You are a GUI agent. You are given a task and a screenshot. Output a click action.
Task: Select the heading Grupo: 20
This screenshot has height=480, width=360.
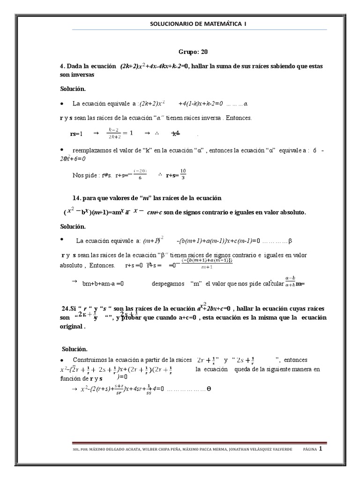[x=193, y=52]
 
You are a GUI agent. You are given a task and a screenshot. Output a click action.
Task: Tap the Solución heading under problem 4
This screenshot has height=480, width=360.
[x=73, y=89]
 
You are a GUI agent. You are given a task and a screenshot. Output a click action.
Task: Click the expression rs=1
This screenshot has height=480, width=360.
[x=76, y=134]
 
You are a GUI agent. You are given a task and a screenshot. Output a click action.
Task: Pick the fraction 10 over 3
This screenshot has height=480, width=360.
[x=183, y=174]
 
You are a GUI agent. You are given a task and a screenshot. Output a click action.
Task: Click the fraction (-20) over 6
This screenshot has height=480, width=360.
[x=140, y=174]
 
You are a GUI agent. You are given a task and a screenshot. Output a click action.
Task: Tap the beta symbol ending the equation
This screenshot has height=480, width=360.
[x=290, y=241]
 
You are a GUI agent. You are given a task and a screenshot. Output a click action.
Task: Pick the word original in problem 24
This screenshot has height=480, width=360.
[x=72, y=327]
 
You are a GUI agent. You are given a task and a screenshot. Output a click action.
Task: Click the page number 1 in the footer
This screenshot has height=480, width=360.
[x=321, y=449]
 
